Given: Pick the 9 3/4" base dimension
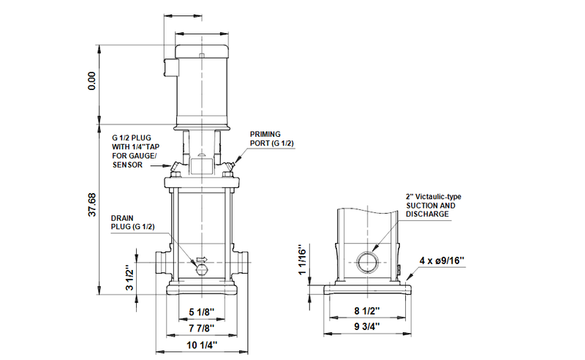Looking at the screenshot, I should tap(367, 327).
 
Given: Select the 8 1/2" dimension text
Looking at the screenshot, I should tap(367, 310).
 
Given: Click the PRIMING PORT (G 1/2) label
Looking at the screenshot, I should tap(271, 139).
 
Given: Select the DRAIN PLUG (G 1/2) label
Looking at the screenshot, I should tap(132, 222).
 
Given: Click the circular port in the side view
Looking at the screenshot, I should tap(367, 260).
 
